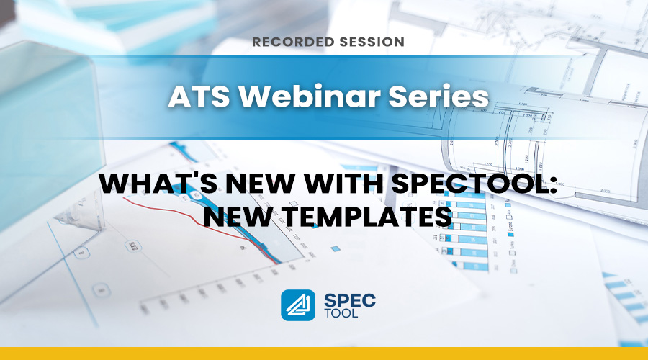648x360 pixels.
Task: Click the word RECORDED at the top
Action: point(293,42)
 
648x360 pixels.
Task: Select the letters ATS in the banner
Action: point(199,96)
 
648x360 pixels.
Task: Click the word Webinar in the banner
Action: point(309,96)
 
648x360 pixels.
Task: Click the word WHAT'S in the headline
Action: point(158,184)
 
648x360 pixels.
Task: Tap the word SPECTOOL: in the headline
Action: point(474,184)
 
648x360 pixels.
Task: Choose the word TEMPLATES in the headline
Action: point(366,217)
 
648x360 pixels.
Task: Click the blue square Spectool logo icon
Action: point(298,305)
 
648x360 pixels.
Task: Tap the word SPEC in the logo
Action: point(350,300)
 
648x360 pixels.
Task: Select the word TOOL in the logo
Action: point(341,313)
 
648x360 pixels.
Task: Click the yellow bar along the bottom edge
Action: point(324,354)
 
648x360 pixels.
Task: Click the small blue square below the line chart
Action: point(336,249)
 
